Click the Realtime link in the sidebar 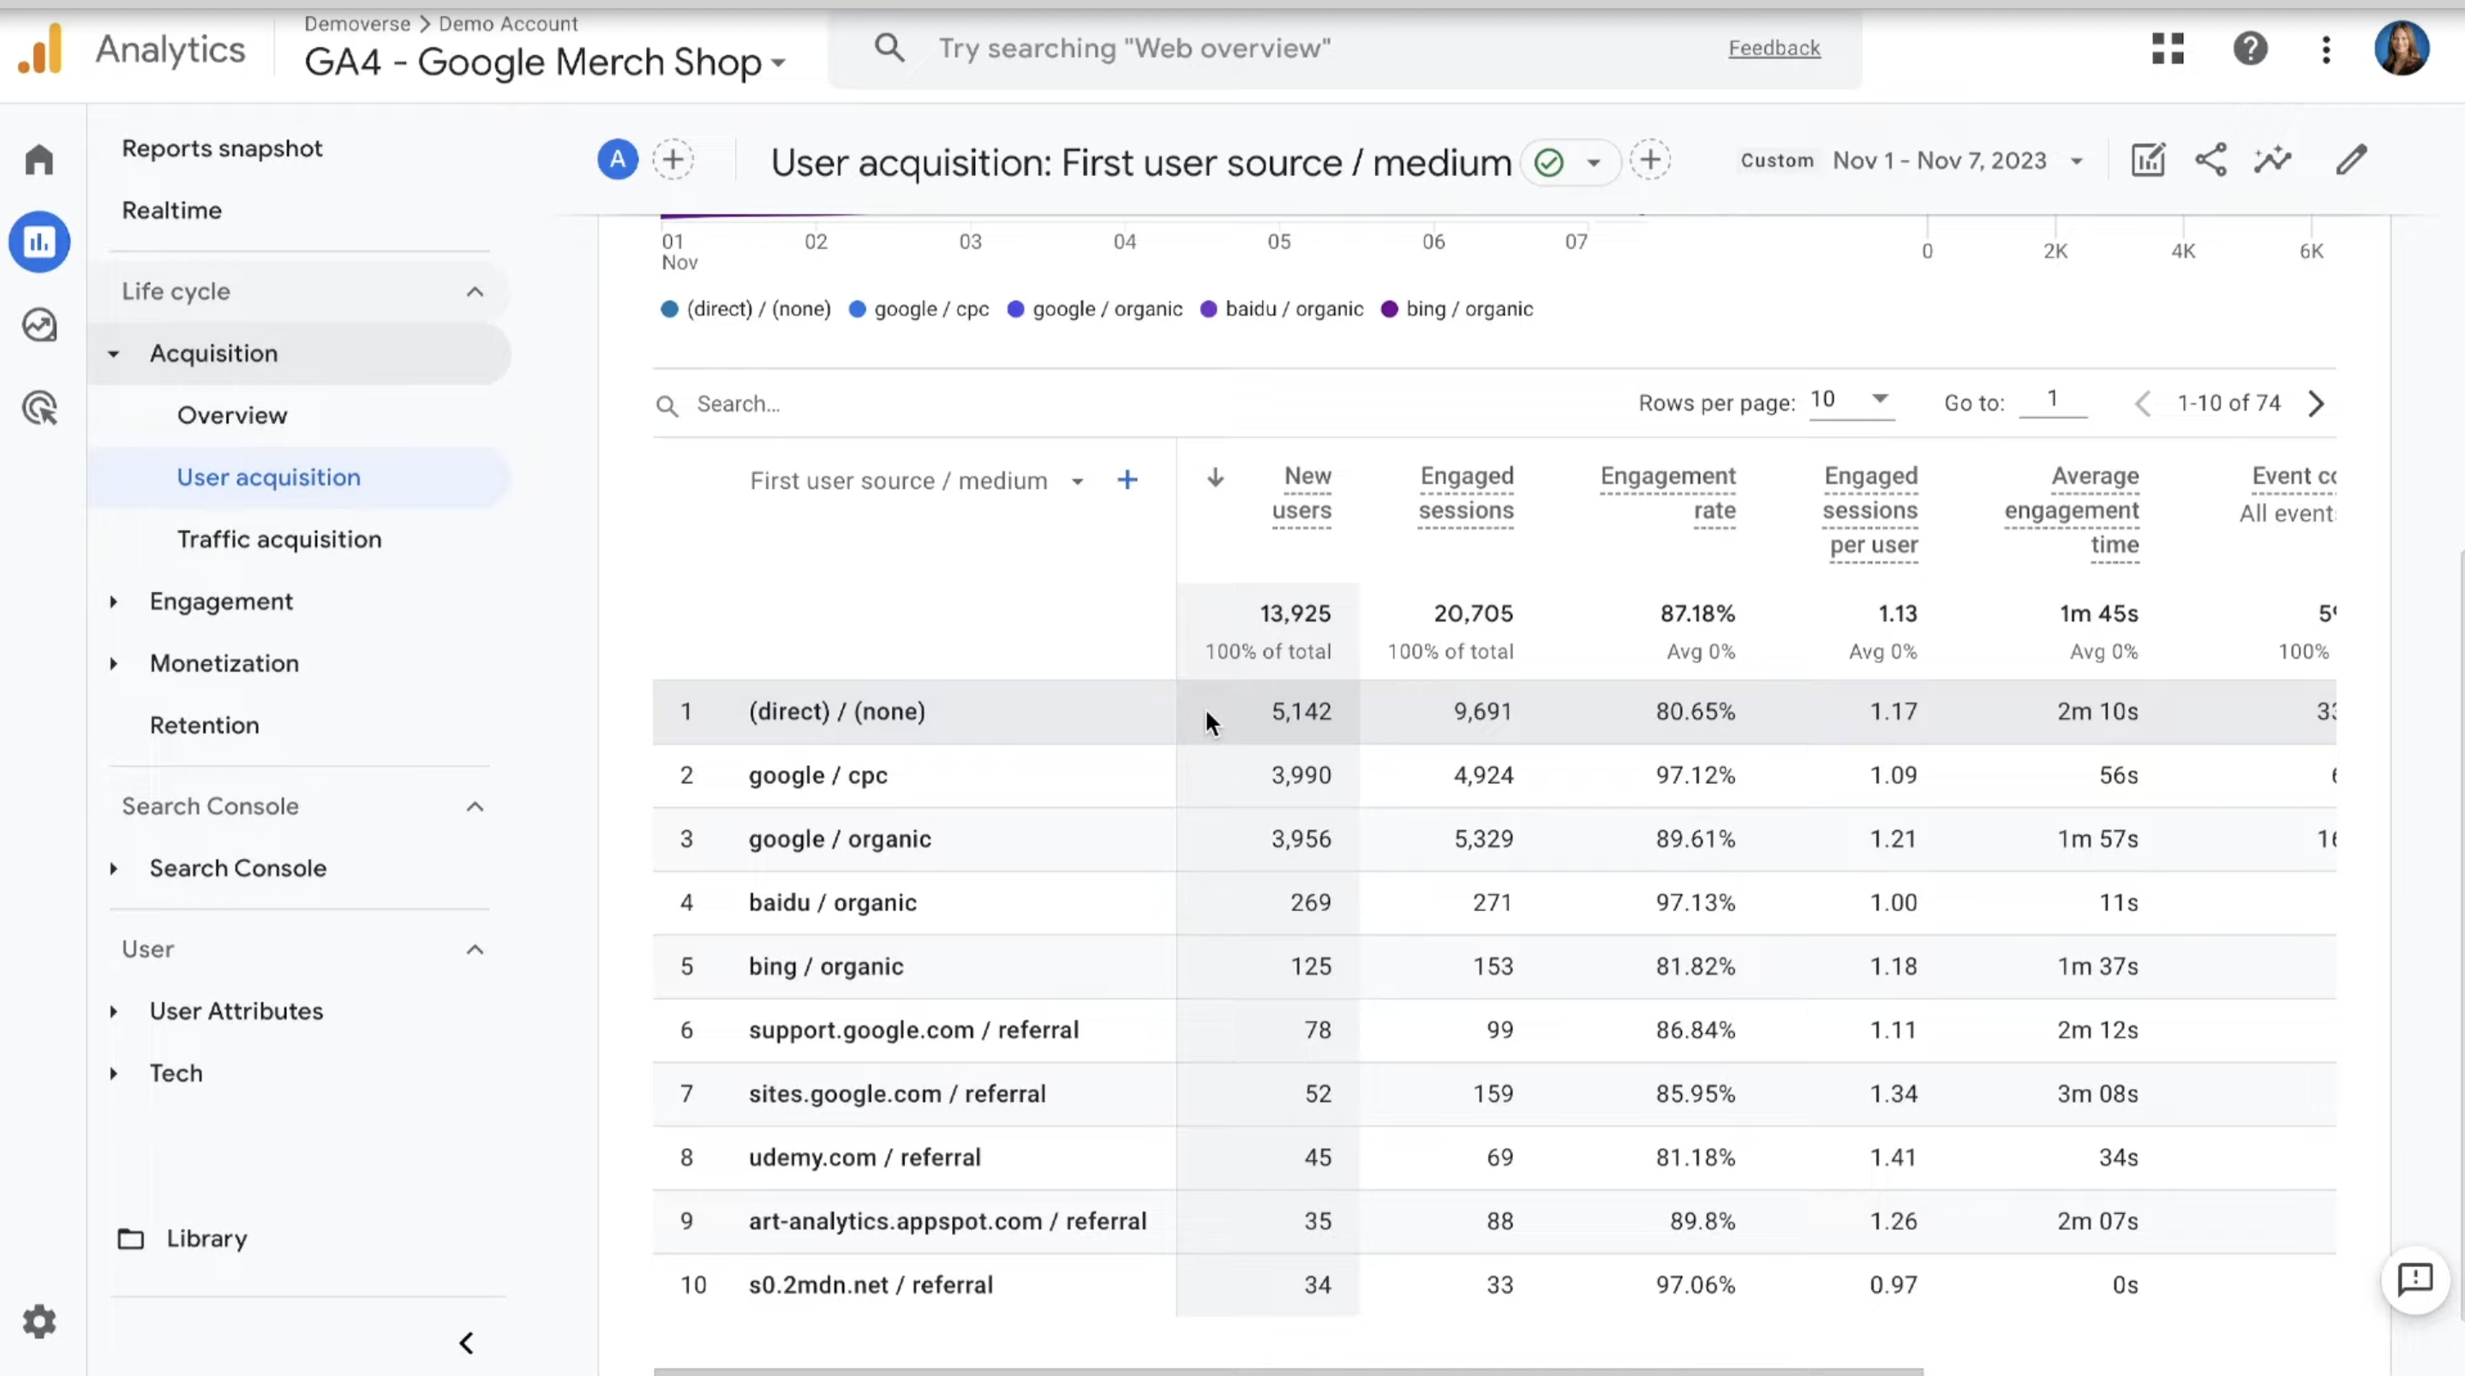[x=171, y=210]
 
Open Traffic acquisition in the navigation [x=278, y=539]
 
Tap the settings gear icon [x=39, y=1321]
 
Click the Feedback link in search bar [x=1774, y=48]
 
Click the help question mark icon [x=2250, y=48]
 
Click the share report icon [x=2211, y=160]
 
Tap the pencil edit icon [x=2350, y=160]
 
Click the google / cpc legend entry [x=918, y=309]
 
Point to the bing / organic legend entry [x=1457, y=309]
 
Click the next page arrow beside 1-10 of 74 [x=2316, y=404]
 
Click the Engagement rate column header [x=1668, y=493]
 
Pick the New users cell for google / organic [x=1301, y=838]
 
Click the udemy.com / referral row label [x=865, y=1157]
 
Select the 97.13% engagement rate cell [x=1695, y=902]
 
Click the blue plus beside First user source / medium [x=1128, y=480]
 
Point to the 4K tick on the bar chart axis [x=2183, y=251]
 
